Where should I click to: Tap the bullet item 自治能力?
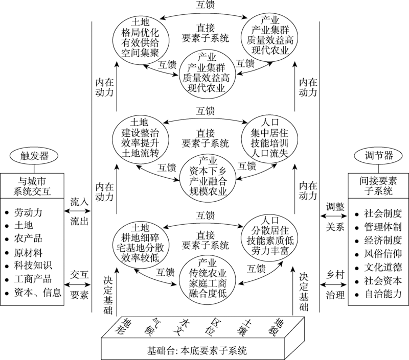tap(382, 294)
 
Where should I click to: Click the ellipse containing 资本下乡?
tap(207, 177)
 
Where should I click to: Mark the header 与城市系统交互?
tap(31, 186)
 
